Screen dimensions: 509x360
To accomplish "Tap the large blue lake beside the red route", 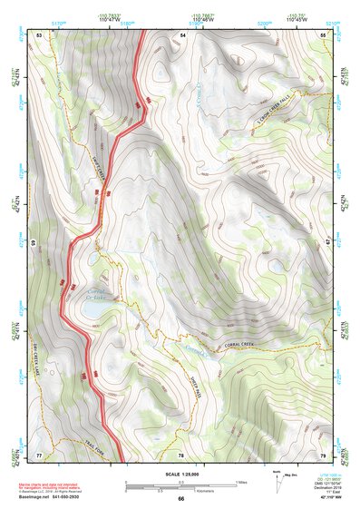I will tap(92, 309).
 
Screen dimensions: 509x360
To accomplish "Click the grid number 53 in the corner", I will tap(39, 34).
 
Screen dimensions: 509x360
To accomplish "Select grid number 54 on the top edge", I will tap(182, 34).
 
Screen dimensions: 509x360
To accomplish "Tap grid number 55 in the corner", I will tap(324, 34).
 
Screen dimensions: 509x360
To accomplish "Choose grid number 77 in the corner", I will tap(39, 454).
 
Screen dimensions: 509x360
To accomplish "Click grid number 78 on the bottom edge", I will tap(180, 454).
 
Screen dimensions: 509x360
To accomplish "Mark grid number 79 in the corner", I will tap(324, 454).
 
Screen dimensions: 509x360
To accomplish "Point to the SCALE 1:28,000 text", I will tap(180, 475).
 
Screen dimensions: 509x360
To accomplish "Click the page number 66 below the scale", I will tap(180, 498).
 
